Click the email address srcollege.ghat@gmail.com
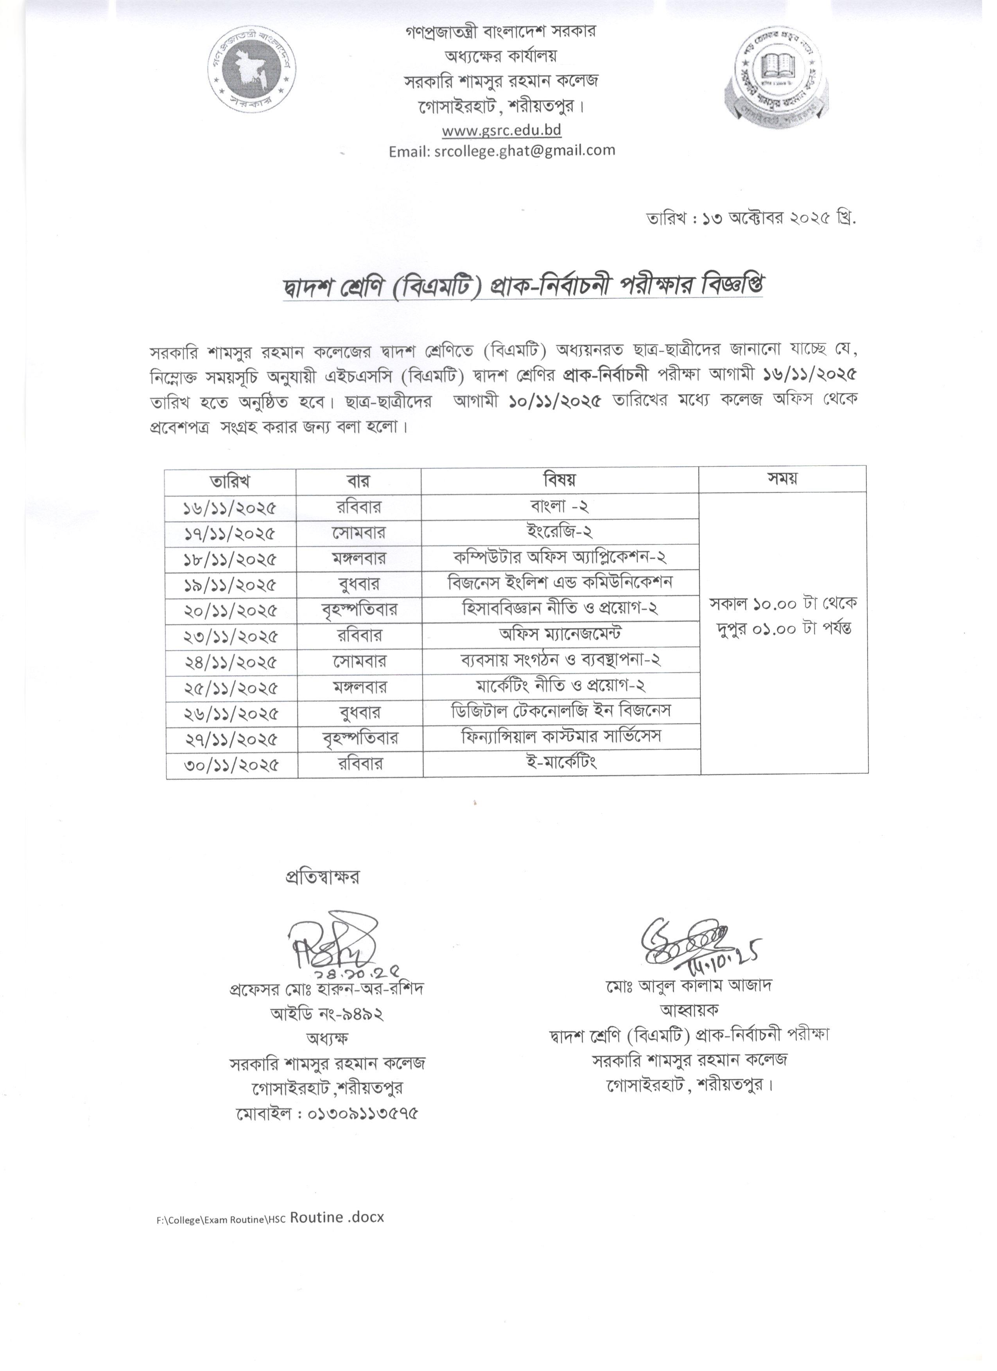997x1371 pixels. pyautogui.click(x=502, y=151)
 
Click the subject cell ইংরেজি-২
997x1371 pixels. pyautogui.click(x=559, y=532)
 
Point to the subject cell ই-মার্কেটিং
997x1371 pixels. pyautogui.click(x=561, y=762)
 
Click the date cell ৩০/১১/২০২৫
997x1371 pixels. pyautogui.click(x=231, y=765)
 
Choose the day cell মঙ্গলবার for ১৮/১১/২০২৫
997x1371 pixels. pyautogui.click(x=359, y=558)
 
